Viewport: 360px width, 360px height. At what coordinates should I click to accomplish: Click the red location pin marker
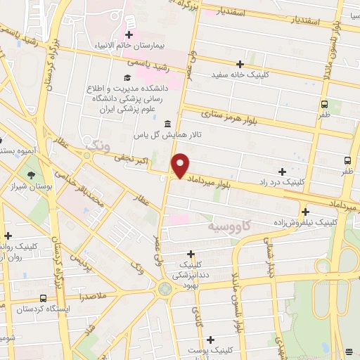(x=181, y=165)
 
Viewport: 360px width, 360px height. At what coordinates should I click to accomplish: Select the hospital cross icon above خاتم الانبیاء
(x=129, y=34)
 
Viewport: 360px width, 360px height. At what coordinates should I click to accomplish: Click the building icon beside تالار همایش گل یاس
(x=167, y=124)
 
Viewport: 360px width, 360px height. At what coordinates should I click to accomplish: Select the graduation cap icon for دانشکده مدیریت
(x=127, y=77)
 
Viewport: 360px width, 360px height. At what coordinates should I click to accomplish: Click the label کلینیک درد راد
(x=282, y=181)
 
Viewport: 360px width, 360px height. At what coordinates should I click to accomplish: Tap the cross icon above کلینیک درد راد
(x=282, y=171)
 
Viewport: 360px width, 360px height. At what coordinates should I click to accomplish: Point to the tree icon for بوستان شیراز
(x=30, y=175)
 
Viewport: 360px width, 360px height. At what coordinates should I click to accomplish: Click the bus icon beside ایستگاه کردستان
(x=44, y=299)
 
